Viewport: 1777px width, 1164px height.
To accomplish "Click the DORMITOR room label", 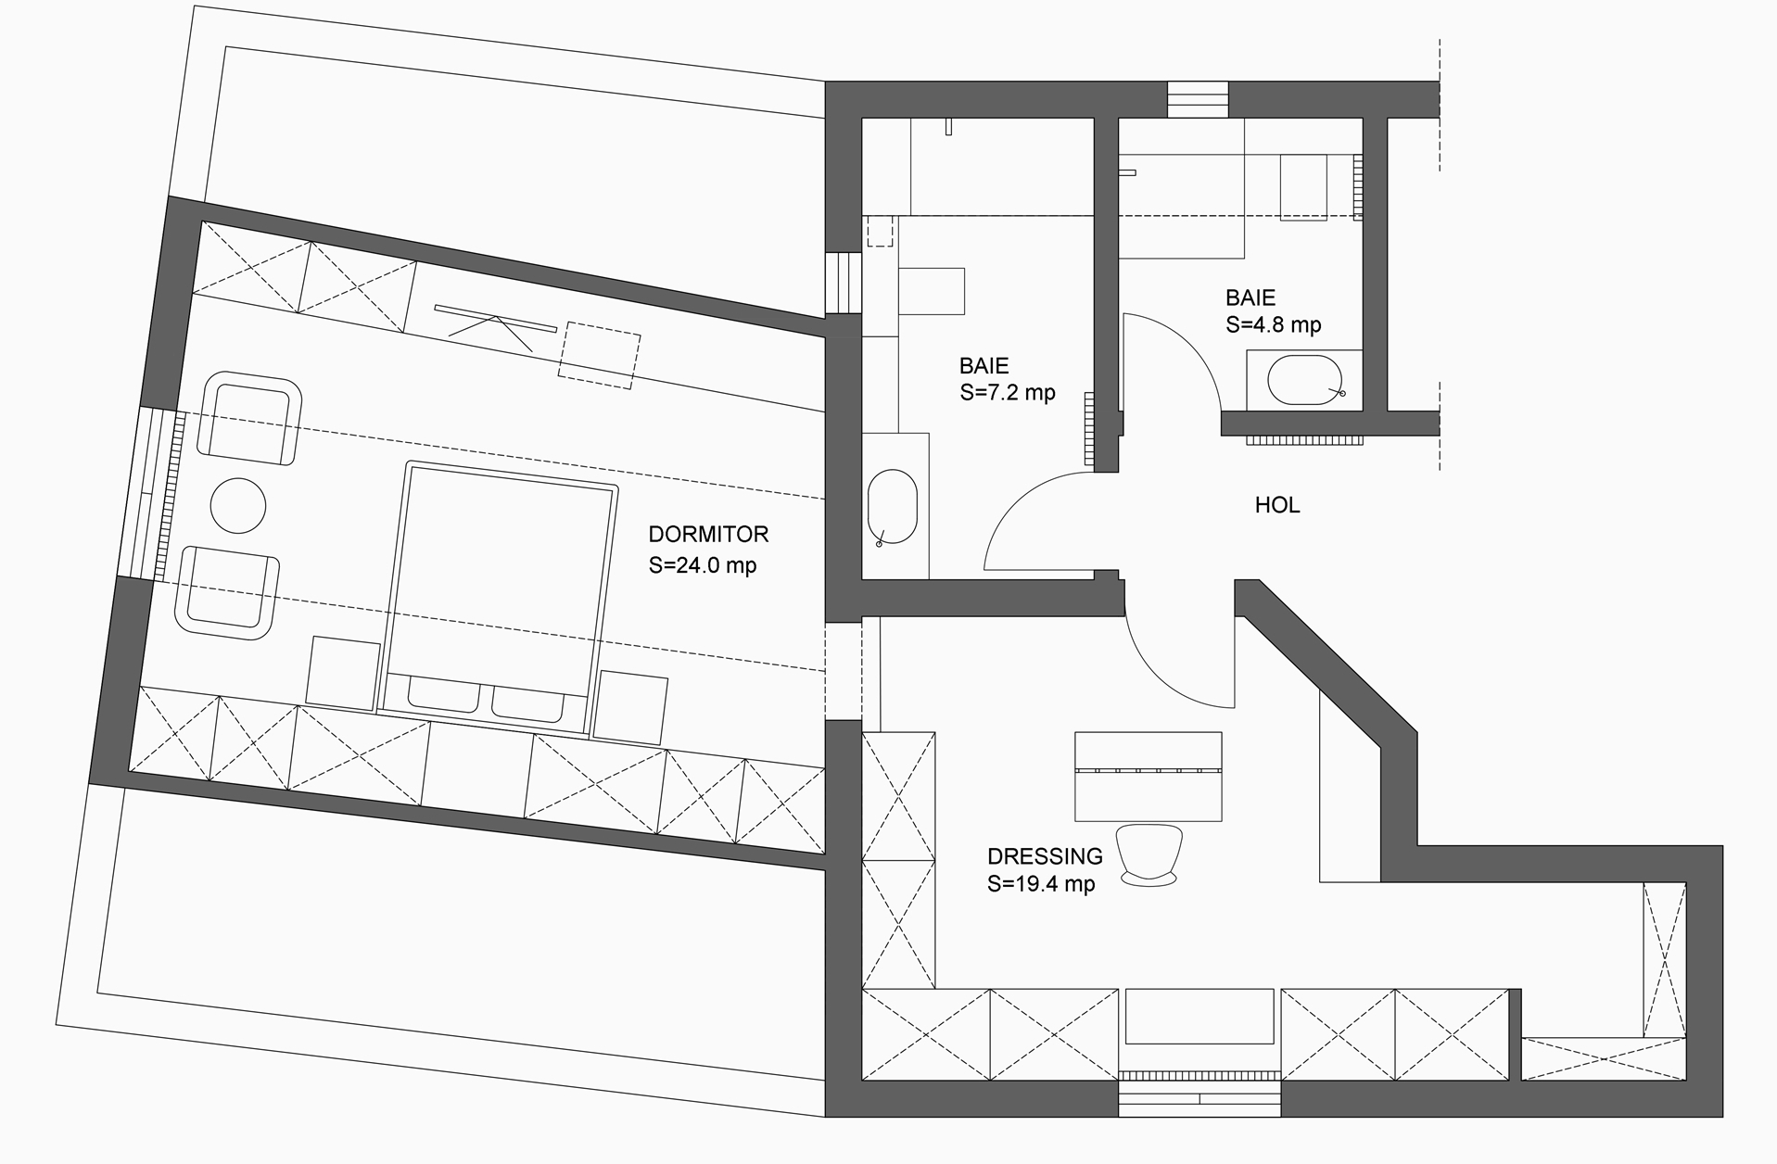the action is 708,534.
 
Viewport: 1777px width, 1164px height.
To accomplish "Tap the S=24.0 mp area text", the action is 703,564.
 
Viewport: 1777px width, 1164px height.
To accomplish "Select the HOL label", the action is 1276,505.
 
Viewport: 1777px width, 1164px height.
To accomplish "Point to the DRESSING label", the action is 1045,855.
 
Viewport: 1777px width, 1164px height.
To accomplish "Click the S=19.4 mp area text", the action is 1041,884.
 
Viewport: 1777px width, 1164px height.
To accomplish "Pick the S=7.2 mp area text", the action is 1008,393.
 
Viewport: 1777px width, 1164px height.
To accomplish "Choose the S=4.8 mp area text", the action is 1274,325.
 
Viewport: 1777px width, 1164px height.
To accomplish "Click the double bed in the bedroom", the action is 499,598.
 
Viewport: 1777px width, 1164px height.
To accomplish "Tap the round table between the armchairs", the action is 238,505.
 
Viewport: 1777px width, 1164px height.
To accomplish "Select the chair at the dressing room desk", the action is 1149,854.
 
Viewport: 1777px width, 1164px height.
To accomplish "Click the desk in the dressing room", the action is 1148,777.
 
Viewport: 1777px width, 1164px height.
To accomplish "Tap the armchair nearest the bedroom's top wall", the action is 250,418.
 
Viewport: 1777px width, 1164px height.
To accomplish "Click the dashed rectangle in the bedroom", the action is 599,355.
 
